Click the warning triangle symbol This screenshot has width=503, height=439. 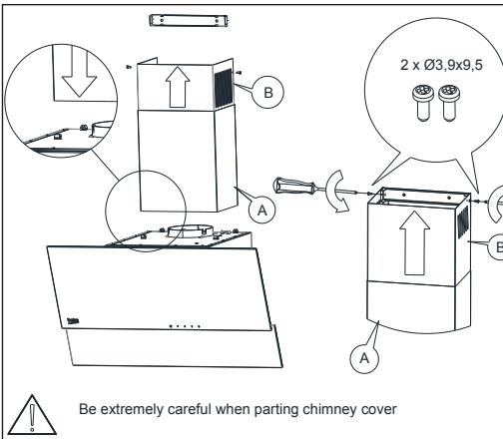[x=32, y=416]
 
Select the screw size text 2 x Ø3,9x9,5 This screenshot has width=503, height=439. [x=441, y=65]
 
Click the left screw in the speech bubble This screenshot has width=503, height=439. [x=423, y=103]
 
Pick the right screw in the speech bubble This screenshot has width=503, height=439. [x=449, y=103]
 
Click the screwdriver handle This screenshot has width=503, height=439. [x=293, y=187]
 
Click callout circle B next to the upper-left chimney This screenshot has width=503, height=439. [x=268, y=92]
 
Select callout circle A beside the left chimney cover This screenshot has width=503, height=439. [x=262, y=211]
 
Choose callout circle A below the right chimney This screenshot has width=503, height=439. [x=364, y=358]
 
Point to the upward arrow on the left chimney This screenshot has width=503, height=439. [x=178, y=87]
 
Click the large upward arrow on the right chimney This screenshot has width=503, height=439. [x=414, y=243]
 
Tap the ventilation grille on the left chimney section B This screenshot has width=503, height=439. [x=223, y=88]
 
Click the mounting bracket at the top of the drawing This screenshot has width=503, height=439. [x=189, y=21]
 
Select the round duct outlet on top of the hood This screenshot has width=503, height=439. [x=190, y=231]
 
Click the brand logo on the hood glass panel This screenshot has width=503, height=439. [x=73, y=321]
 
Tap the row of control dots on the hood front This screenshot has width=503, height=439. [x=185, y=326]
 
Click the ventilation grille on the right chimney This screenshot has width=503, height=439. [x=463, y=221]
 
